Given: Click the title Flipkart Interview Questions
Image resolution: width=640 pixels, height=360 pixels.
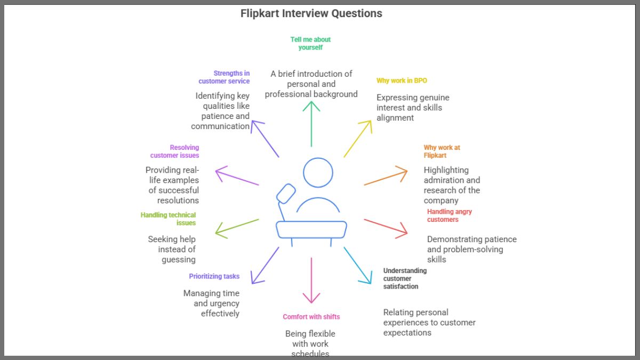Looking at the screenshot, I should pos(311,14).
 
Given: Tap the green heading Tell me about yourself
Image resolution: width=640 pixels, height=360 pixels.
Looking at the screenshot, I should pos(310,43).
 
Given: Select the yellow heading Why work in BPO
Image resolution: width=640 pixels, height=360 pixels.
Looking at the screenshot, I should pos(402,81).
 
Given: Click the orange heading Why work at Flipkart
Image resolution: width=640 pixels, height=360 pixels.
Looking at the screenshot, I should pos(442,151).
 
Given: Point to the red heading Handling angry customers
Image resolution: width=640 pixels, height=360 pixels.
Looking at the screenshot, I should pos(449,215).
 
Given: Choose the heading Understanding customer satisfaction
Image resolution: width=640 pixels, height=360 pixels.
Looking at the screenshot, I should pos(405,278).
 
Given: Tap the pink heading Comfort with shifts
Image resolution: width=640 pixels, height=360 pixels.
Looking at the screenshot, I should pos(311,317).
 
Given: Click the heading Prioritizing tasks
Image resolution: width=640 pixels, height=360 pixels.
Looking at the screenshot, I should pos(214,276).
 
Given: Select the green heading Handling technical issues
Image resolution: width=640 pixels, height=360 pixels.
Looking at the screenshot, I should pos(168,219).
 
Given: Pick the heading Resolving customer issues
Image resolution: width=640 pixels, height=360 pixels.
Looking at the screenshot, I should pos(174,151).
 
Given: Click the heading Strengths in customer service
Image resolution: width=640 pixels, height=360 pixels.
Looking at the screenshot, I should pos(224,77).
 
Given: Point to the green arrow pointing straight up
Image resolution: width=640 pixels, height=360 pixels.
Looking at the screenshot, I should pos(311,123).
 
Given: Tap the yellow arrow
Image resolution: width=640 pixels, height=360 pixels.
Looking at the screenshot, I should pos(358,138).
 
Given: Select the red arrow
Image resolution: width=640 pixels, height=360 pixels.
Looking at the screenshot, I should pos(386,227).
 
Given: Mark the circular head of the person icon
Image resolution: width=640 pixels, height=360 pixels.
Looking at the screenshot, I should pos(318,172).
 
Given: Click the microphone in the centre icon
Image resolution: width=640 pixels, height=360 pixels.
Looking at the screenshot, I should pos(286,193).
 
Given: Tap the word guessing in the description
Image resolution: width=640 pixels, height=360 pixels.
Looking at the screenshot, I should pos(179,260).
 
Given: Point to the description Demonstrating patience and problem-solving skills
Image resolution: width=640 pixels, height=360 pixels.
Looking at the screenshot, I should pos(471,249).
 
